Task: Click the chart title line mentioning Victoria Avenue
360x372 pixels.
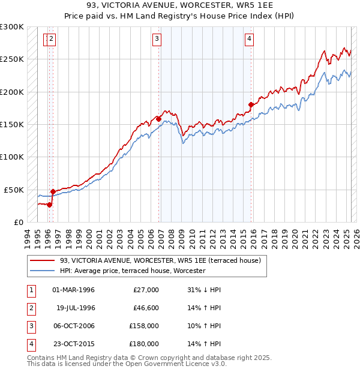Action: click(x=179, y=5)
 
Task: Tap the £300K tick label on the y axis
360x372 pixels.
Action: click(x=12, y=27)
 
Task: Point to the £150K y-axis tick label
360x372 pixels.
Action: click(x=12, y=124)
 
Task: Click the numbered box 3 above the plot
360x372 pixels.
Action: click(x=157, y=40)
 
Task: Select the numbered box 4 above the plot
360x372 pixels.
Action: click(x=248, y=40)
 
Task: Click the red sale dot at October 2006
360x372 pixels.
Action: click(x=158, y=119)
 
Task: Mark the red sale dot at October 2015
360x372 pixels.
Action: click(x=251, y=104)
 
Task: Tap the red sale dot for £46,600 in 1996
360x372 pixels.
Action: click(x=53, y=191)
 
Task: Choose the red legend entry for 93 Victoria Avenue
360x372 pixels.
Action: click(x=160, y=261)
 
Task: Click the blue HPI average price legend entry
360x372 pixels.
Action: click(x=132, y=271)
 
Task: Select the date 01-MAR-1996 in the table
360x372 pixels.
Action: click(x=73, y=290)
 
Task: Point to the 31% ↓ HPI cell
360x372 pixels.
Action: click(x=204, y=290)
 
